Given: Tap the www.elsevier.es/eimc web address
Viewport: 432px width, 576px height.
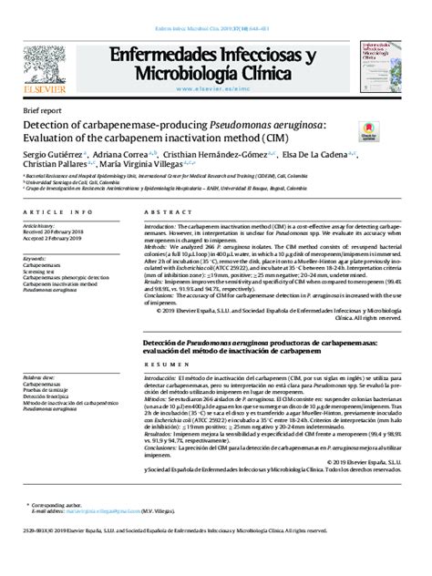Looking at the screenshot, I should point(214,88).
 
